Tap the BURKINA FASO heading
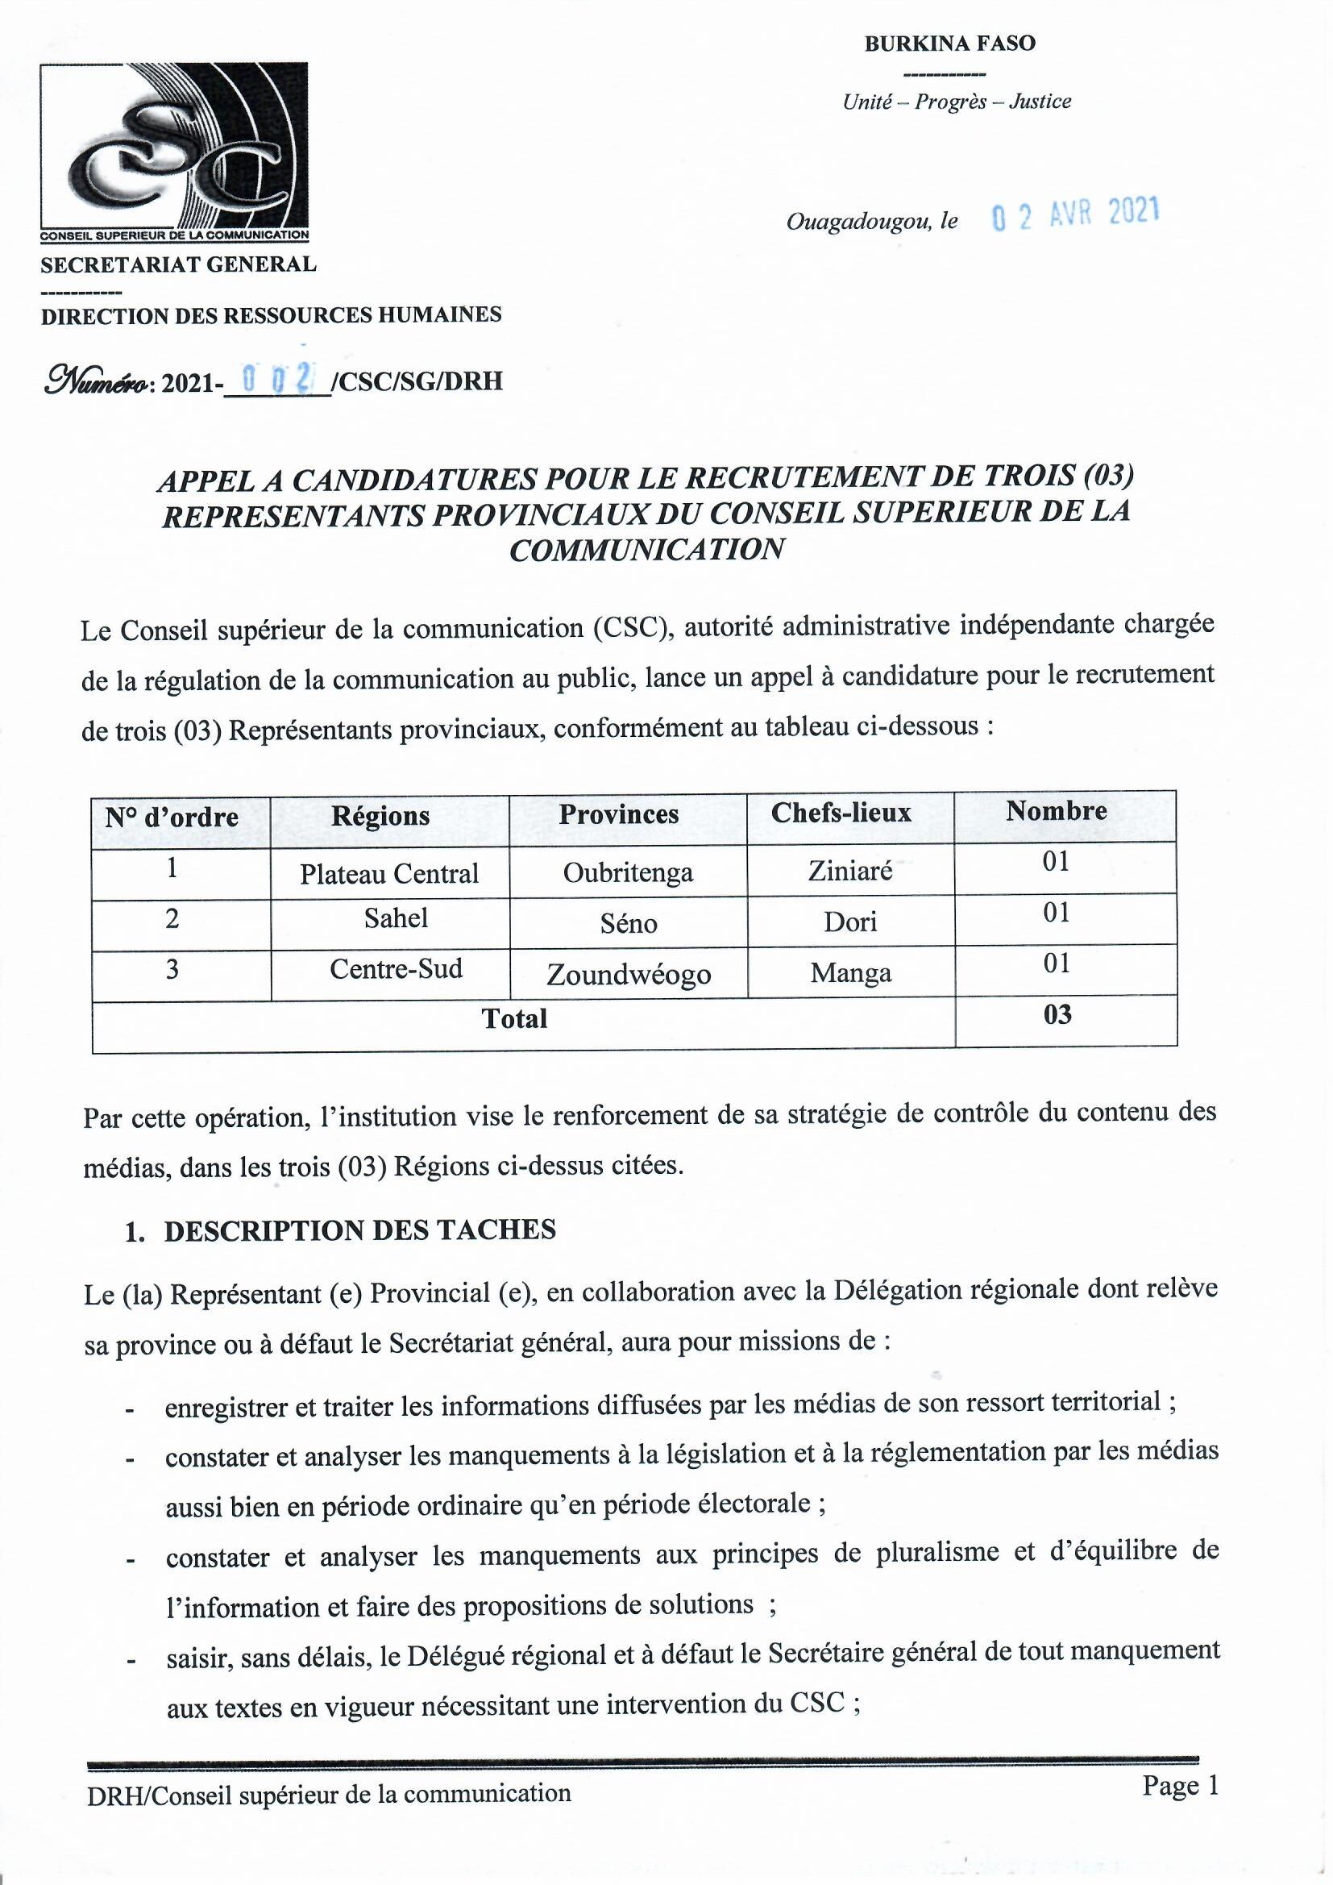point(949,44)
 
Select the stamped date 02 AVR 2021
point(1075,214)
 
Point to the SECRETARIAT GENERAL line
point(178,264)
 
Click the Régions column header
point(380,816)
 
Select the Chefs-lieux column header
point(841,813)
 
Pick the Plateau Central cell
point(388,873)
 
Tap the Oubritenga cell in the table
point(628,872)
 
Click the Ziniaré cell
point(849,870)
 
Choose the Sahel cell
point(396,918)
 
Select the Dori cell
point(850,922)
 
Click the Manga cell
point(850,974)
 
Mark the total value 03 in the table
point(1057,1016)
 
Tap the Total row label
point(514,1019)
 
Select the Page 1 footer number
point(1180,1786)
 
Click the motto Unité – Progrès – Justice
point(957,102)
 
